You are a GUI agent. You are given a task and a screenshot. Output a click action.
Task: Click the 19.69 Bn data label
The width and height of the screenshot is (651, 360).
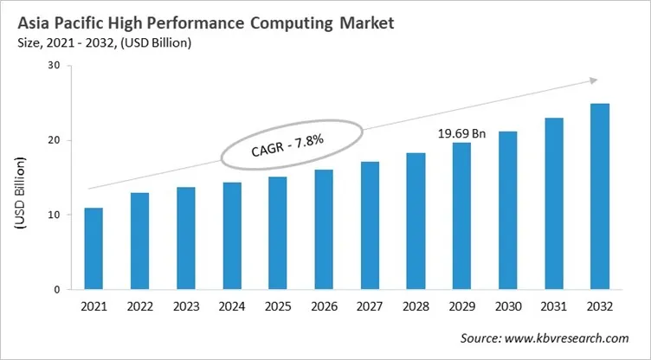(x=462, y=133)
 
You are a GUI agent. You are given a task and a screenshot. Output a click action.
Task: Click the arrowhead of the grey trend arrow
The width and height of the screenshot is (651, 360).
(x=592, y=80)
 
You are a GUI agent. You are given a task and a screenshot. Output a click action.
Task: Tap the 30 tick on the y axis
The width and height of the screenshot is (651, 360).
(x=54, y=66)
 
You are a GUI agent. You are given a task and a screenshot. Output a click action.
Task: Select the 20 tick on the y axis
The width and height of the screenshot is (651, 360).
(x=54, y=140)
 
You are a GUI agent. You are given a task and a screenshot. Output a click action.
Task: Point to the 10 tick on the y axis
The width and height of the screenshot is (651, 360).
(x=54, y=215)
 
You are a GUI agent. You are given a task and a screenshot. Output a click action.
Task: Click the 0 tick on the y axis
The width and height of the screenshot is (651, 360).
(x=57, y=289)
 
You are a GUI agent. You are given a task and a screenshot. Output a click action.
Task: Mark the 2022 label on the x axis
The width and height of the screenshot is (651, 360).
(x=140, y=307)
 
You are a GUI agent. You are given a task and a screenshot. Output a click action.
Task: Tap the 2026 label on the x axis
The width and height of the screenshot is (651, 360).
(x=324, y=307)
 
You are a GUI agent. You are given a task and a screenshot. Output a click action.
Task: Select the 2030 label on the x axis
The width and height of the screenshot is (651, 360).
(x=508, y=307)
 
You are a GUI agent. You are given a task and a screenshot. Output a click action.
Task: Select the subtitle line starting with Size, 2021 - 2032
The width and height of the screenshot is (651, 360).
(x=102, y=41)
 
